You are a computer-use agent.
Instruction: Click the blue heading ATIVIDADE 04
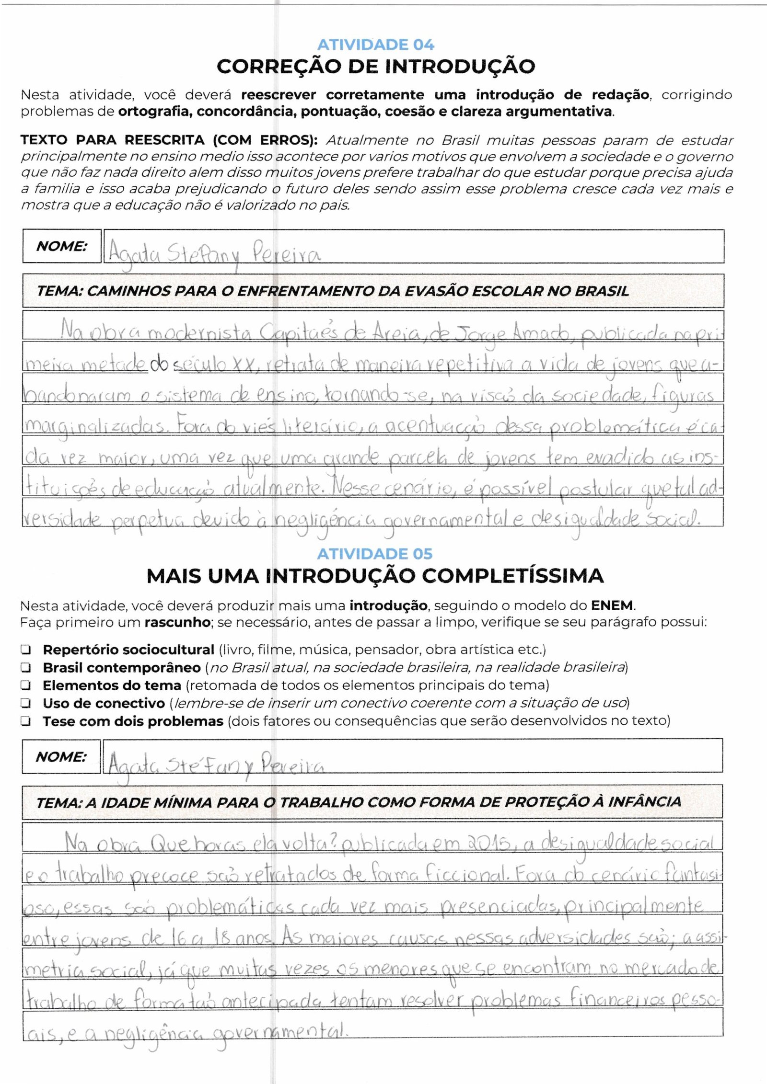click(x=375, y=45)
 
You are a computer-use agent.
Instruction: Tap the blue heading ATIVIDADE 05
click(x=374, y=554)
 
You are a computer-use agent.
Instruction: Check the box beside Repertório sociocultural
click(x=26, y=650)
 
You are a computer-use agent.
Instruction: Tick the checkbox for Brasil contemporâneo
click(x=26, y=668)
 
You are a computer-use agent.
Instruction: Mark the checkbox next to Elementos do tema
click(x=26, y=685)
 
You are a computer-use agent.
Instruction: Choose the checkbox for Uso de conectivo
click(x=26, y=703)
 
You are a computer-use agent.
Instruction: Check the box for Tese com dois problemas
click(x=26, y=721)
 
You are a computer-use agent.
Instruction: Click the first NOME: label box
click(x=62, y=246)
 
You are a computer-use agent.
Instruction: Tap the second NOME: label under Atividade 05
click(x=61, y=757)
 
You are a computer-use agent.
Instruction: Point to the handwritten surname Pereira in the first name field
click(x=286, y=254)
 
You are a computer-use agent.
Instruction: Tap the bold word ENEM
click(x=612, y=605)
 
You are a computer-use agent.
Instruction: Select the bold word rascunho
click(x=177, y=623)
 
